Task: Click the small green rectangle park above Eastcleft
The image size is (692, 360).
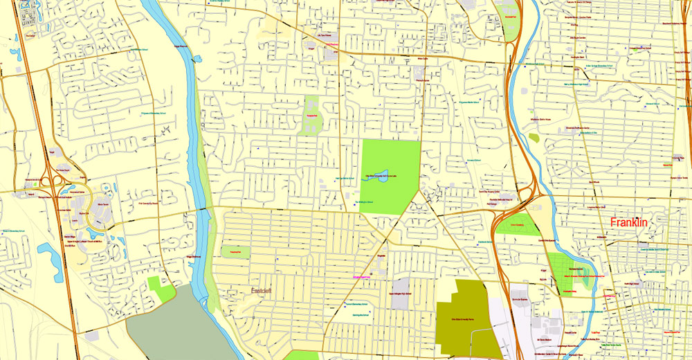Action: (235, 252)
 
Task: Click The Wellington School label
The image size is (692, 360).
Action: (365, 201)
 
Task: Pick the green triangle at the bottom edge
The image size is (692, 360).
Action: (302, 355)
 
